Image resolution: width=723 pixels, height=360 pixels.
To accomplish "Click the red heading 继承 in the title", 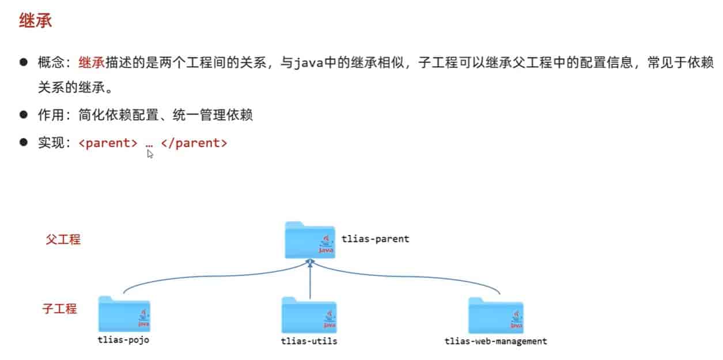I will tap(36, 21).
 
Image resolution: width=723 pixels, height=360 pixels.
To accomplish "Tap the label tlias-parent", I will tap(375, 238).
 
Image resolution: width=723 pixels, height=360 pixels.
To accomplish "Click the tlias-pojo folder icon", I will tap(124, 314).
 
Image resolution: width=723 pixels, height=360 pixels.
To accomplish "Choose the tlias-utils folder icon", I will tap(309, 315).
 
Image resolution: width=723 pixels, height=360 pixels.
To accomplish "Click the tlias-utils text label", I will tap(309, 341).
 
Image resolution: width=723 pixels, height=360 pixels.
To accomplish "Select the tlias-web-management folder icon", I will tap(495, 316).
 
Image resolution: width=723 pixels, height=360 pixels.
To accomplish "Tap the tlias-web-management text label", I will tap(495, 341).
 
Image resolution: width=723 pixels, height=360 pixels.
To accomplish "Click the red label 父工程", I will tap(63, 239).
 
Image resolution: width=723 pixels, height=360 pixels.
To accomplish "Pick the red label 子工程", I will tap(59, 309).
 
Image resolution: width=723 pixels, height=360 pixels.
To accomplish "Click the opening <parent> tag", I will tap(108, 143).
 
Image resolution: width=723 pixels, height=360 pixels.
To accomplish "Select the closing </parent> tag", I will tap(194, 143).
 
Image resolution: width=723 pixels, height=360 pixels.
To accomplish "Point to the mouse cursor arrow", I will tap(150, 154).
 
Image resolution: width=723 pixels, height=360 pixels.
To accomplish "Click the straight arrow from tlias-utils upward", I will tap(310, 282).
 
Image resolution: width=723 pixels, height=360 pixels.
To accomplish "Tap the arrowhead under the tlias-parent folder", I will tap(310, 262).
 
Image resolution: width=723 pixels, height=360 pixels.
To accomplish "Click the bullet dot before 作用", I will tap(24, 114).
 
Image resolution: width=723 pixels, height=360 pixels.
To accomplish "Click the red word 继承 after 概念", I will tap(92, 63).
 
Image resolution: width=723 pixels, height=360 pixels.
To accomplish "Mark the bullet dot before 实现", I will tap(24, 142).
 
